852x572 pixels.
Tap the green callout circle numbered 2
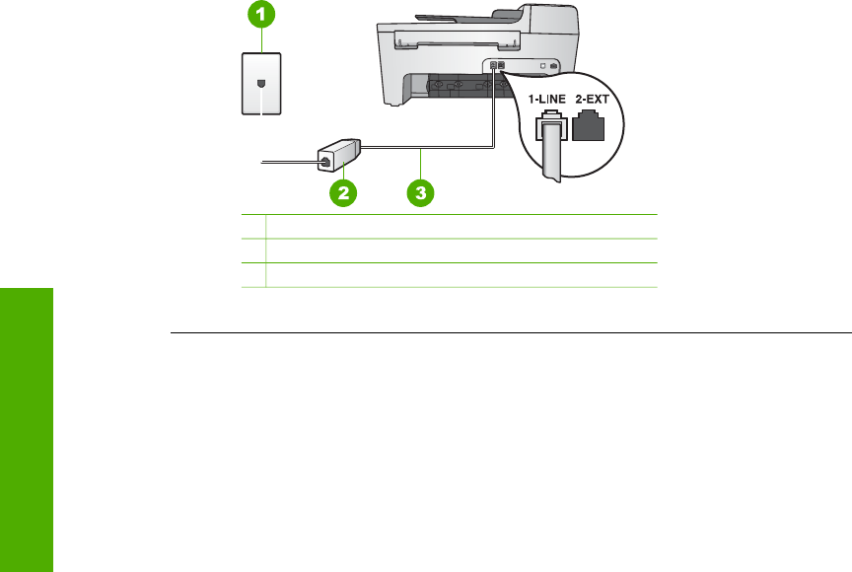[x=343, y=193]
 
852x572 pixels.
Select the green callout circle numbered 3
[x=421, y=193]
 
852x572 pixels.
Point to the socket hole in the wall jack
[x=260, y=83]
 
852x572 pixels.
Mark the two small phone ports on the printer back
[x=497, y=66]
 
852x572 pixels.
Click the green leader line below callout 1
[x=260, y=38]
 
